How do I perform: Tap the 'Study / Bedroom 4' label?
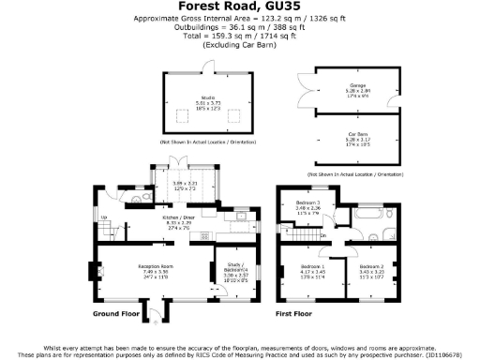[x=234, y=272]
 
